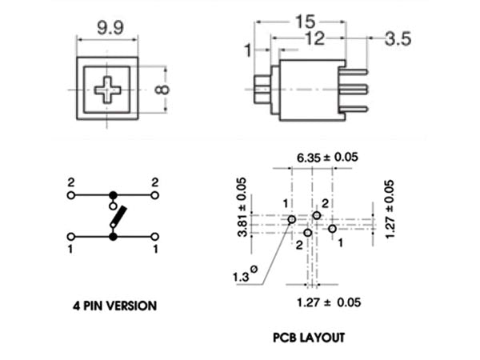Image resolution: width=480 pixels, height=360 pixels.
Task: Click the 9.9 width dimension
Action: coord(110,28)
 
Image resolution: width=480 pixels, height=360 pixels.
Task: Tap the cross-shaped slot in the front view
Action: coord(107,90)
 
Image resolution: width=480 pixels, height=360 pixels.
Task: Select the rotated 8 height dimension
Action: coord(162,90)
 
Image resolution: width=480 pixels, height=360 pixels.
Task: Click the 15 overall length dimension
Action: coord(306,22)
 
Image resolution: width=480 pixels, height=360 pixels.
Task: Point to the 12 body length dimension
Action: coord(315,38)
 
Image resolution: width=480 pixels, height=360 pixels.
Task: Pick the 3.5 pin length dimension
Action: coord(398,39)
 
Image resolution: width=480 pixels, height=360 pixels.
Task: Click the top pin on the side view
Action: coord(353,72)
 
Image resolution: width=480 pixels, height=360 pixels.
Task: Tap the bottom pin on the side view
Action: coord(353,109)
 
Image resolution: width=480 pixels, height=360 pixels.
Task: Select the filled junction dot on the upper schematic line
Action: coord(114,195)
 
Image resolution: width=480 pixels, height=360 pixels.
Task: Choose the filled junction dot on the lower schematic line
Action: coord(114,237)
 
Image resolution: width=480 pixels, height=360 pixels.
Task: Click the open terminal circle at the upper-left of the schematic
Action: coord(71,195)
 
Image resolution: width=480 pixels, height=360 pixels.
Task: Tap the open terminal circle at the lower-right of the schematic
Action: coord(155,237)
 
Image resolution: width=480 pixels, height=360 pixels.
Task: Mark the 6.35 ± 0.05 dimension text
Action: coord(327,158)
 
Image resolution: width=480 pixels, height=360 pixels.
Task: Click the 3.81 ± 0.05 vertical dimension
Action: coord(242,207)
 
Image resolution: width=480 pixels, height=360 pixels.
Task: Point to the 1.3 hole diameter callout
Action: coord(245,274)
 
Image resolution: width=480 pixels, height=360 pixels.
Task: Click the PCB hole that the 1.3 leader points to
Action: coord(292,219)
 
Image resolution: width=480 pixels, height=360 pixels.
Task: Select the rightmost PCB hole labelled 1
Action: coord(333,229)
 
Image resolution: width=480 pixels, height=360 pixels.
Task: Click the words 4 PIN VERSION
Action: coord(114,306)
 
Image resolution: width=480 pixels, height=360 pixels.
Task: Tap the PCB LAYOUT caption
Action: coord(309,338)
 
